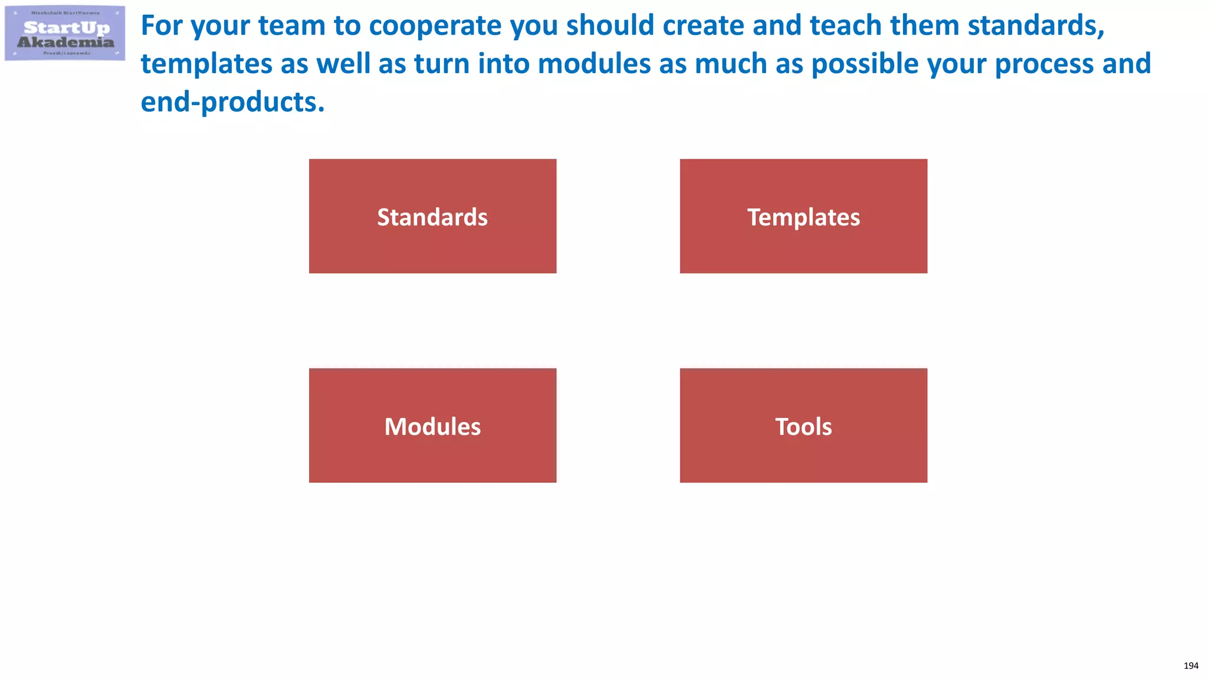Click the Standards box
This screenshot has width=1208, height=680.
[x=432, y=216]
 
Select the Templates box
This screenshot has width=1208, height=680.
[x=803, y=216]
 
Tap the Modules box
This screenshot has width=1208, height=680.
[x=432, y=426]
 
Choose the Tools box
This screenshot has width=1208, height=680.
[x=803, y=426]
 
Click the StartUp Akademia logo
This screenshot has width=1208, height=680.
[x=65, y=33]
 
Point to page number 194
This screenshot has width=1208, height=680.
[x=1190, y=666]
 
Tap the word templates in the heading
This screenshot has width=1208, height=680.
[x=206, y=64]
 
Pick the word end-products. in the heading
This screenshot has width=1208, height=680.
[x=232, y=102]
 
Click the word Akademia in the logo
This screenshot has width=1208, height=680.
[x=65, y=42]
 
